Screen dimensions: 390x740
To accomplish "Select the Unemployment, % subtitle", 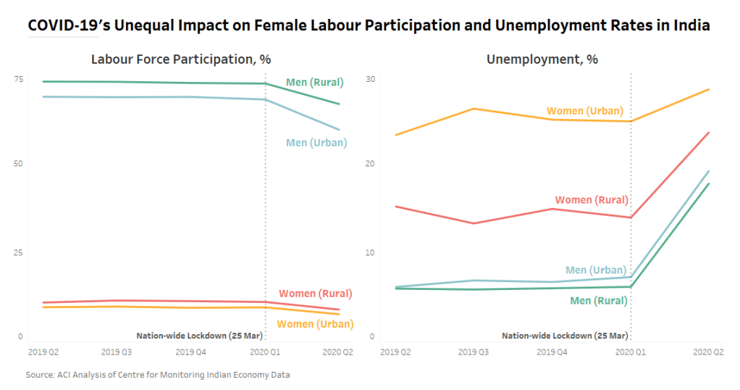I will [542, 59].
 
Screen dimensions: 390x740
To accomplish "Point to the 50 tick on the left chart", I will [19, 165].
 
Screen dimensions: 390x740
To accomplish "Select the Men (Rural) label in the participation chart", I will [314, 82].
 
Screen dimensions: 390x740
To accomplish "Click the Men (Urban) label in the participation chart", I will [316, 143].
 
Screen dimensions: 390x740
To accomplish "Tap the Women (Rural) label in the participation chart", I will [315, 294].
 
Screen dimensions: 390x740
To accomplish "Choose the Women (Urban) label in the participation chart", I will [315, 324].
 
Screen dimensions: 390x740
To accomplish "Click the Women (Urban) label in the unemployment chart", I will [584, 111].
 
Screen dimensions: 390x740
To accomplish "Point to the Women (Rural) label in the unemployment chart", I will [591, 200].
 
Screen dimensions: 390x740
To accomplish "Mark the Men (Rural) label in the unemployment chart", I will [598, 300].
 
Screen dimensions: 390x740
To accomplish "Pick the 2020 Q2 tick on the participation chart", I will [338, 352].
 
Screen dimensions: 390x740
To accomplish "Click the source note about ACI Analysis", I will [158, 375].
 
